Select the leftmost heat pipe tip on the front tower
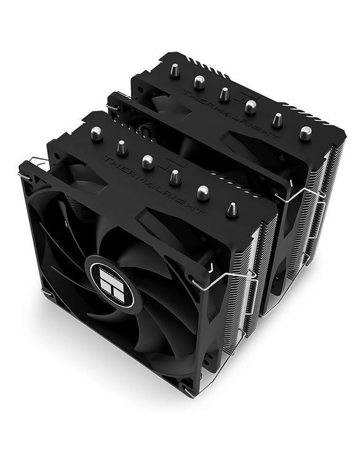pos(96,133)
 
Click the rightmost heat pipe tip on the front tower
pos(233,209)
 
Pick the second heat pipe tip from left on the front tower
pos(122,147)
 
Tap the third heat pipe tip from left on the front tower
pos(148,161)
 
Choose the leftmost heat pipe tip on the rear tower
pos(174,71)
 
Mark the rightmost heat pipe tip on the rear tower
pos(306,133)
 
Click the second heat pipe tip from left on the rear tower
pos(199,82)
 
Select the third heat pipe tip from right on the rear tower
pos(251,106)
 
